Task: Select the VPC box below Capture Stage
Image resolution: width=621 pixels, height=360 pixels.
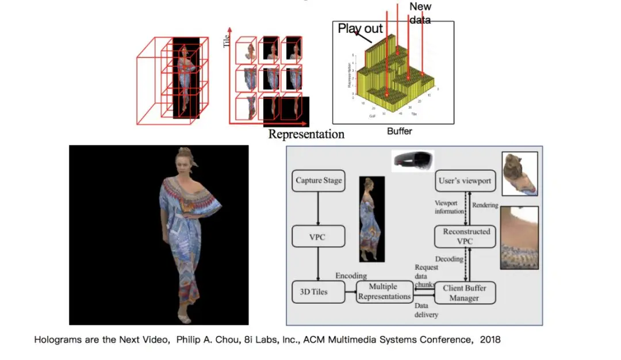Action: (x=317, y=236)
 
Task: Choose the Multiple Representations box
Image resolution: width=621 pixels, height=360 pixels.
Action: (x=384, y=292)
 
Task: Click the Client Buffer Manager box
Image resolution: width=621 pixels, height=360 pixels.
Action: (x=465, y=293)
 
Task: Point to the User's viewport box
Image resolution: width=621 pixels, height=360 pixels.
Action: (x=465, y=181)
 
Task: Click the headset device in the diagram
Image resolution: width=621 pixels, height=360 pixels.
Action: (x=412, y=160)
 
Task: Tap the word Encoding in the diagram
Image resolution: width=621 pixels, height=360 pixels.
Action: (x=351, y=275)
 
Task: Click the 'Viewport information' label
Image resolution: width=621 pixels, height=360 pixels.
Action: (x=449, y=207)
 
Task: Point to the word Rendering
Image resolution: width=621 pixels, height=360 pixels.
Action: (x=485, y=205)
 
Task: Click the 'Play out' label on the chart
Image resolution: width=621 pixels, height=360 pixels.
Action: (x=360, y=28)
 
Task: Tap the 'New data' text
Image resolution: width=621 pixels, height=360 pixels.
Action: (x=420, y=13)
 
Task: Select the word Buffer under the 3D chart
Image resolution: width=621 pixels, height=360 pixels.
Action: (x=399, y=131)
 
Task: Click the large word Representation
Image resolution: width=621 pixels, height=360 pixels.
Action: (x=306, y=135)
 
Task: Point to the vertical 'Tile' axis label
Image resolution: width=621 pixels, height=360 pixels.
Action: (x=227, y=40)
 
